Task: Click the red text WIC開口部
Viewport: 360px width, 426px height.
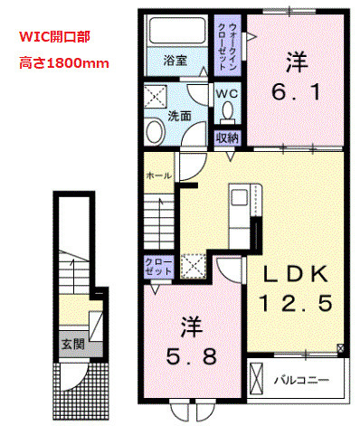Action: click(x=54, y=40)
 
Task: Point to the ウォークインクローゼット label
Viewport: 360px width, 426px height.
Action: click(x=224, y=46)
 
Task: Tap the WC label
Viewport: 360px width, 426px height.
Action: click(x=226, y=92)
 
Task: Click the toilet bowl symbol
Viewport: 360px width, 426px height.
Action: click(x=226, y=112)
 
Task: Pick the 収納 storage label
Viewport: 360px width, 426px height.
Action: click(x=226, y=137)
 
